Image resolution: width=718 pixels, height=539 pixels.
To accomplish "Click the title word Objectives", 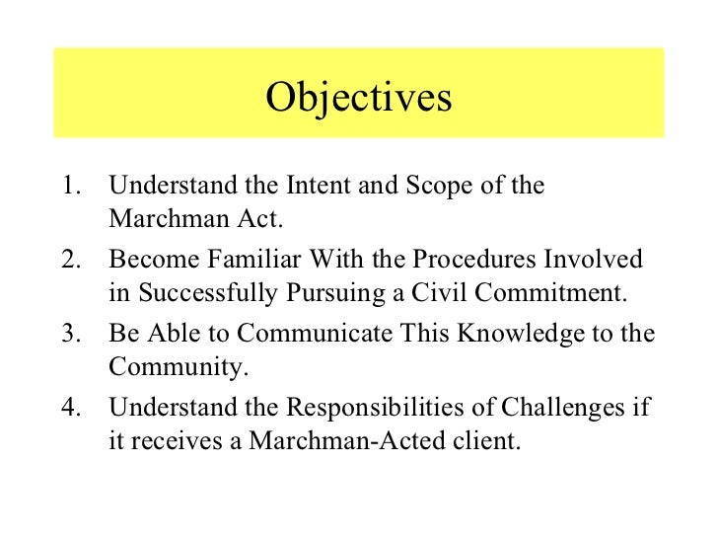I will coord(359,98).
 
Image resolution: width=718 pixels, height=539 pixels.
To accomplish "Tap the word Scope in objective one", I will coord(436,187).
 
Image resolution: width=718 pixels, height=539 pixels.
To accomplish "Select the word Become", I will coord(149,260).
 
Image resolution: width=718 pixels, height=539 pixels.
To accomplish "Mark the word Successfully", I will coord(210,294).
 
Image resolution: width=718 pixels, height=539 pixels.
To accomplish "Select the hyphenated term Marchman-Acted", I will coord(342,441).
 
